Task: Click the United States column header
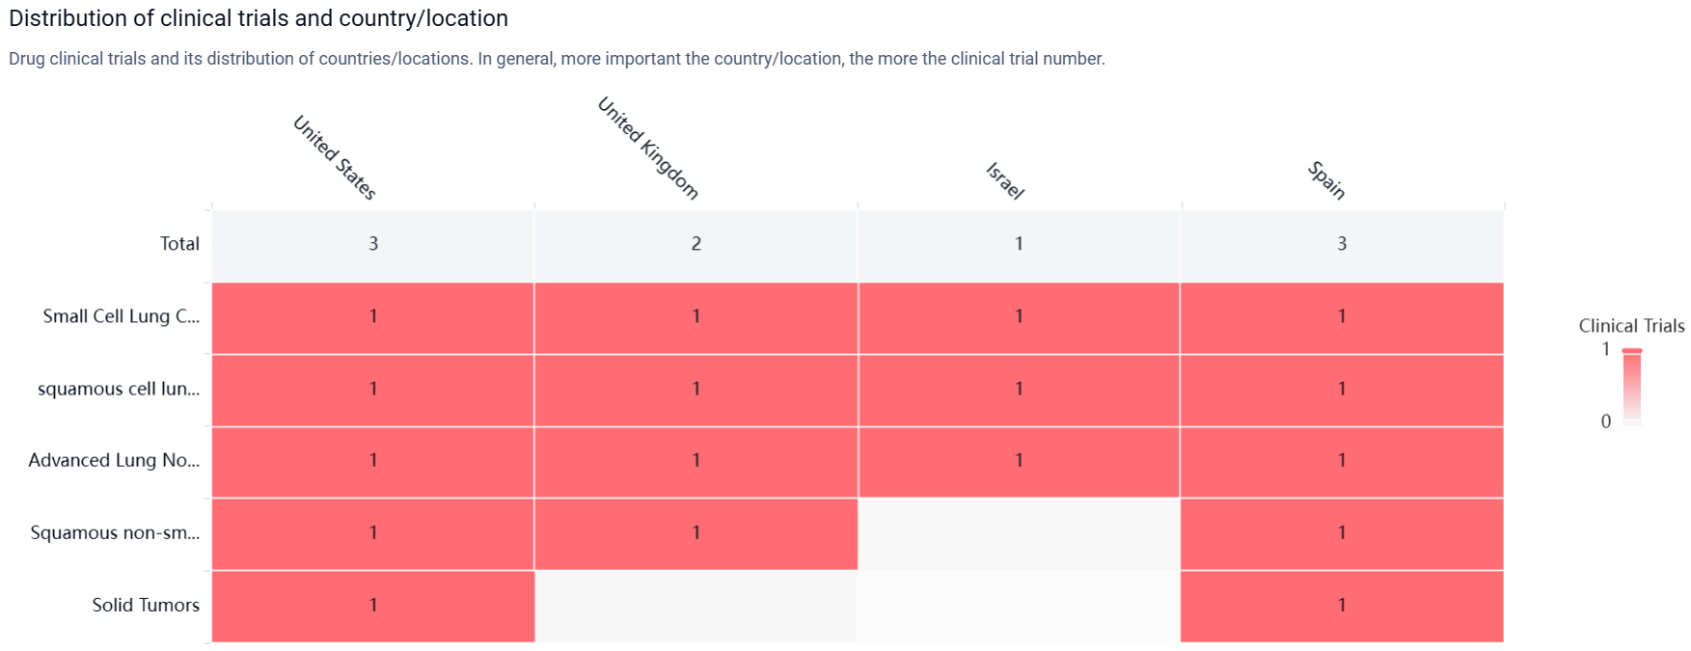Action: pyautogui.click(x=334, y=157)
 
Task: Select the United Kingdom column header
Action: pyautogui.click(x=648, y=148)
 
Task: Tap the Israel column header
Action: pyautogui.click(x=1004, y=180)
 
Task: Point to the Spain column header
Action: pyautogui.click(x=1326, y=180)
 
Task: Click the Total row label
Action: pyautogui.click(x=179, y=244)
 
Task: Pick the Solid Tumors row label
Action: pyautogui.click(x=146, y=605)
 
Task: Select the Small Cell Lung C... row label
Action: pyautogui.click(x=122, y=316)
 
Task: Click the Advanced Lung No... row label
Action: pyautogui.click(x=114, y=460)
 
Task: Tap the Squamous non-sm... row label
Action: pyautogui.click(x=115, y=532)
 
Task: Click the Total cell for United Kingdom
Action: pyautogui.click(x=695, y=244)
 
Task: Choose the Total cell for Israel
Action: pyautogui.click(x=1019, y=244)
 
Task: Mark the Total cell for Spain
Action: pyautogui.click(x=1342, y=244)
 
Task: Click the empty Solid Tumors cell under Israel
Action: pyautogui.click(x=1019, y=606)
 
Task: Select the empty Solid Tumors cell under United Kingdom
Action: pyautogui.click(x=695, y=606)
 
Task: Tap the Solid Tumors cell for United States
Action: pyautogui.click(x=373, y=606)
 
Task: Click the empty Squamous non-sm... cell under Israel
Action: pyautogui.click(x=1019, y=533)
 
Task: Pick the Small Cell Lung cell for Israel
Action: pyautogui.click(x=1019, y=317)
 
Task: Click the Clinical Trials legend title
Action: pyautogui.click(x=1631, y=326)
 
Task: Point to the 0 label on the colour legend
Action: pyautogui.click(x=1605, y=421)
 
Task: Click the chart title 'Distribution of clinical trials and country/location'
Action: pyautogui.click(x=259, y=18)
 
